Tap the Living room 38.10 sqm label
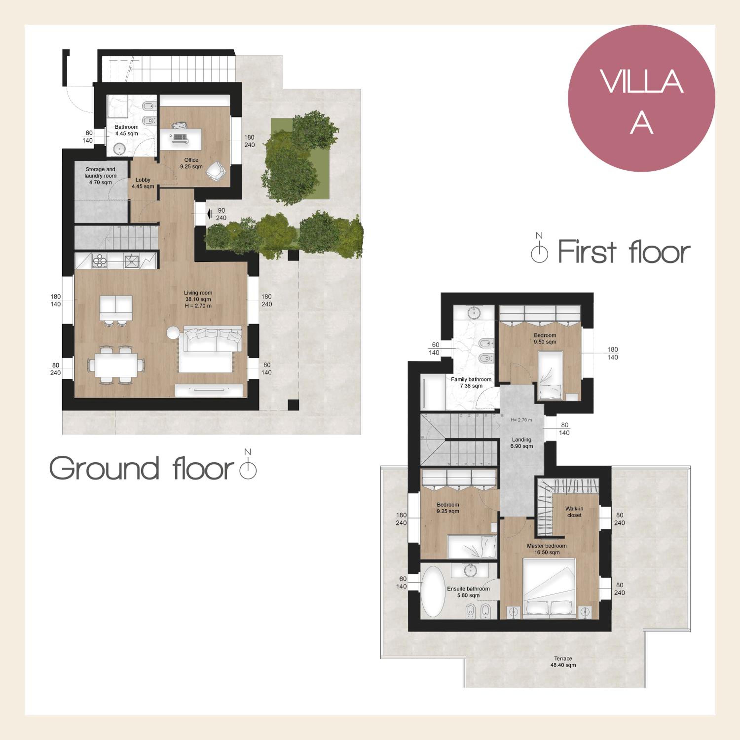pyautogui.click(x=198, y=299)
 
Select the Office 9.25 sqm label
pyautogui.click(x=191, y=163)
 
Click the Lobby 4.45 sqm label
pyautogui.click(x=143, y=183)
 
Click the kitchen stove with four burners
pyautogui.click(x=100, y=261)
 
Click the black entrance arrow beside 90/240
pyautogui.click(x=209, y=214)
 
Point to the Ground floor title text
pyautogui.click(x=142, y=468)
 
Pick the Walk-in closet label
pyautogui.click(x=574, y=512)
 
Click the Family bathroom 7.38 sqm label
pyautogui.click(x=471, y=383)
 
